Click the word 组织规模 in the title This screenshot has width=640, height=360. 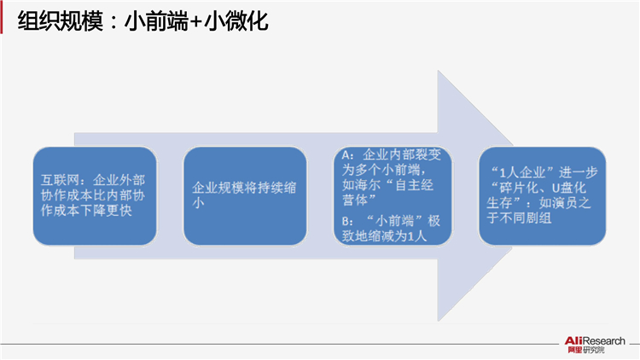61,21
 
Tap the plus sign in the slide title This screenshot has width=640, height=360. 196,22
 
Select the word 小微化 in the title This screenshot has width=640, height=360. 236,21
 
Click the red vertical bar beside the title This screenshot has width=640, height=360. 1,17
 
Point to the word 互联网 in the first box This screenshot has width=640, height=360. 60,180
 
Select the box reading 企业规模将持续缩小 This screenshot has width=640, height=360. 245,196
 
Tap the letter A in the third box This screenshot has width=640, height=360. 346,155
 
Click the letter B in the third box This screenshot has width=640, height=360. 346,222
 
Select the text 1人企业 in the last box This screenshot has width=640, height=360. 527,172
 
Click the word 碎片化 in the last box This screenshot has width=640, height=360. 519,188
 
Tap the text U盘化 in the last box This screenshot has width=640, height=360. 569,188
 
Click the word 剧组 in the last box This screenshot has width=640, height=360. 538,218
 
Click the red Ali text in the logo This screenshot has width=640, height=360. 573,341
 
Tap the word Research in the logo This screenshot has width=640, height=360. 604,341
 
